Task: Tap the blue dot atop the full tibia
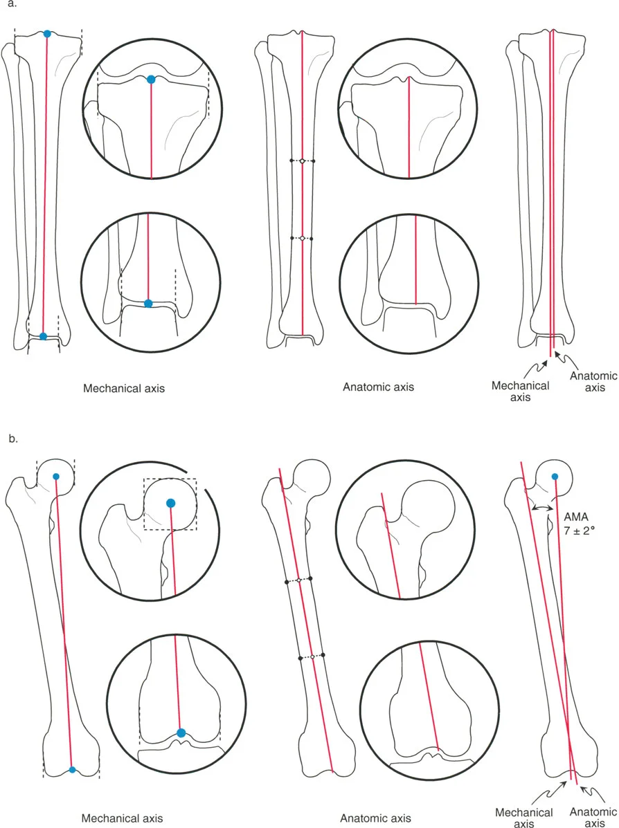click(47, 34)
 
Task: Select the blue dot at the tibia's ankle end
click(43, 336)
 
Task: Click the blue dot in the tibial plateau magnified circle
click(151, 80)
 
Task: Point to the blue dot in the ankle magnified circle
click(148, 303)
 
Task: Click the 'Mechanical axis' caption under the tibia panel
click(124, 389)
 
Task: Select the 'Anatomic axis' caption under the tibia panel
click(378, 387)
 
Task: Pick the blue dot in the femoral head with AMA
click(555, 476)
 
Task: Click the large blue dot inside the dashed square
click(171, 503)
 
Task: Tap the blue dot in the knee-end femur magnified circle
click(181, 733)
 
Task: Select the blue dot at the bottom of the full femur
click(72, 769)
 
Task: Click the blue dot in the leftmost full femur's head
click(56, 477)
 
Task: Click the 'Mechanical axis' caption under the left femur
click(123, 818)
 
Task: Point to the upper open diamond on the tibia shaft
click(302, 161)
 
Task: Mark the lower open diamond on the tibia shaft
click(302, 238)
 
